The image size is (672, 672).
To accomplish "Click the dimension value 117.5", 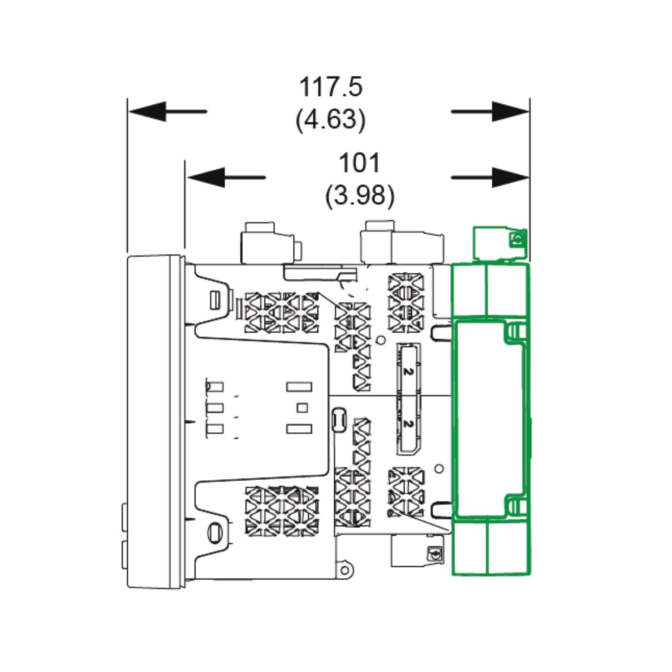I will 331,87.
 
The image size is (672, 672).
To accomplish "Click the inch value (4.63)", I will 331,120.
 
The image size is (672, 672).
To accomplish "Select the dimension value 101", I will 359,163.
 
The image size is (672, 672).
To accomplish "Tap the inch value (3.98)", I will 360,195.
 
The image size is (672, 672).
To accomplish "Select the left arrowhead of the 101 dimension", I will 206,177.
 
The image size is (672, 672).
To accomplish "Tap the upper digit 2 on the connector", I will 407,371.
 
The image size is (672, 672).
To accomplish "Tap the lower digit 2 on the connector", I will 407,423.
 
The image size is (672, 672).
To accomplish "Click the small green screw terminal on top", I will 518,239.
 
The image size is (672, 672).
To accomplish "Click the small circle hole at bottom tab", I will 344,570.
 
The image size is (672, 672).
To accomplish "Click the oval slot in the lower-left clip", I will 215,531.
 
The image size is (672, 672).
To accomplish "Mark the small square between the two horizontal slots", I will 303,408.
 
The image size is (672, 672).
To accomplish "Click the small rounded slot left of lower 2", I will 339,419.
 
